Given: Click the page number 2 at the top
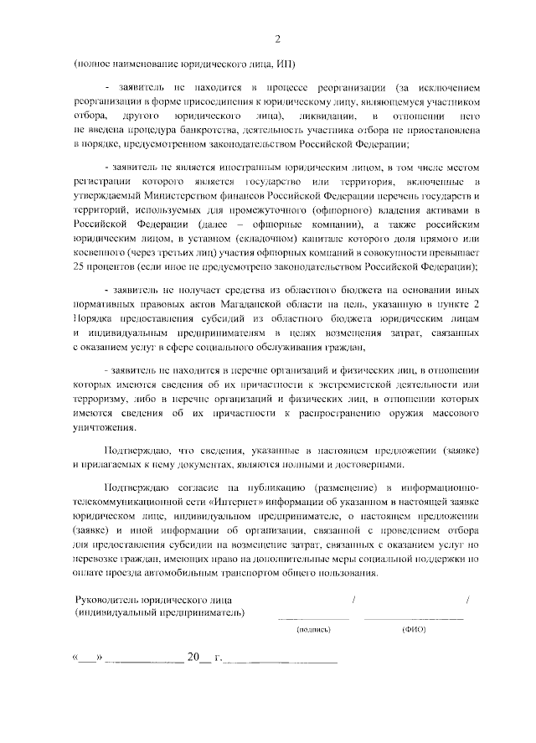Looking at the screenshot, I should [x=277, y=39].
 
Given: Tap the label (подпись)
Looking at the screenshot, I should [x=314, y=629].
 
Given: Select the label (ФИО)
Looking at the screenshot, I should [x=414, y=629].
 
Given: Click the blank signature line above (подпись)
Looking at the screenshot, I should [x=314, y=617].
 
